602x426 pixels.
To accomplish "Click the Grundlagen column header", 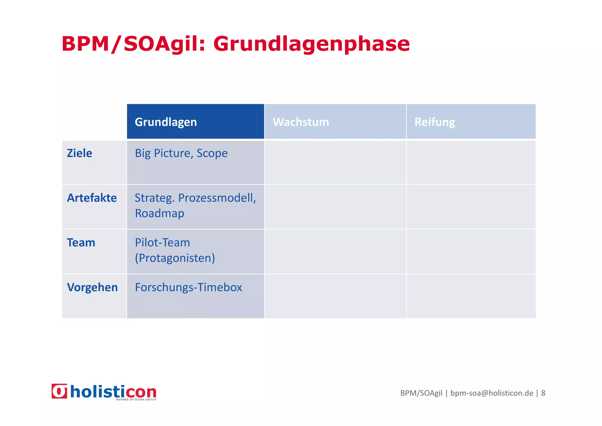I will pyautogui.click(x=166, y=122).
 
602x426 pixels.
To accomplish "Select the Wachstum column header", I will pyautogui.click(x=301, y=122).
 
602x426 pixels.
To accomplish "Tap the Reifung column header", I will pyautogui.click(x=434, y=122).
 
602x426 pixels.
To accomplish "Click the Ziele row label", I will pyautogui.click(x=79, y=153).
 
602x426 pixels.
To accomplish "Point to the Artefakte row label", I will pyautogui.click(x=92, y=198).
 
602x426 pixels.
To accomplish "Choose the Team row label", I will pyautogui.click(x=81, y=243).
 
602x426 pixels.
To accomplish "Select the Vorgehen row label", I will pyautogui.click(x=92, y=287).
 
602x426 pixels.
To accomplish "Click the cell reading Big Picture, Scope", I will pyautogui.click(x=181, y=153).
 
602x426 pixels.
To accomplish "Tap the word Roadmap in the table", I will pyautogui.click(x=159, y=213).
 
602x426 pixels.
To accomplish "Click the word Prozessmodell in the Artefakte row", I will pyautogui.click(x=217, y=198).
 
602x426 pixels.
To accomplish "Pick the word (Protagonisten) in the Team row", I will pyautogui.click(x=175, y=258).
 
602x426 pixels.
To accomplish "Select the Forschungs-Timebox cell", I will pyautogui.click(x=188, y=287).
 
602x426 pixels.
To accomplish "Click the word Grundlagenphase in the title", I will pyautogui.click(x=312, y=44).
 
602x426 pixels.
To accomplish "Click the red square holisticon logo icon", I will pyautogui.click(x=59, y=391).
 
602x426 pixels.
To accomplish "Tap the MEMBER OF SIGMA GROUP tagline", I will pyautogui.click(x=136, y=400).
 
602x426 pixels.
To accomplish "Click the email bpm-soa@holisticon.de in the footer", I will pyautogui.click(x=491, y=393).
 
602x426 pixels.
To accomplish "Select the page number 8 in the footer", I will pyautogui.click(x=543, y=393).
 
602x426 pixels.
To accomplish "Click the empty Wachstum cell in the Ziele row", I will pyautogui.click(x=335, y=163).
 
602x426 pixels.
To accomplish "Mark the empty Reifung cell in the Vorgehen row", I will pyautogui.click(x=471, y=296).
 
